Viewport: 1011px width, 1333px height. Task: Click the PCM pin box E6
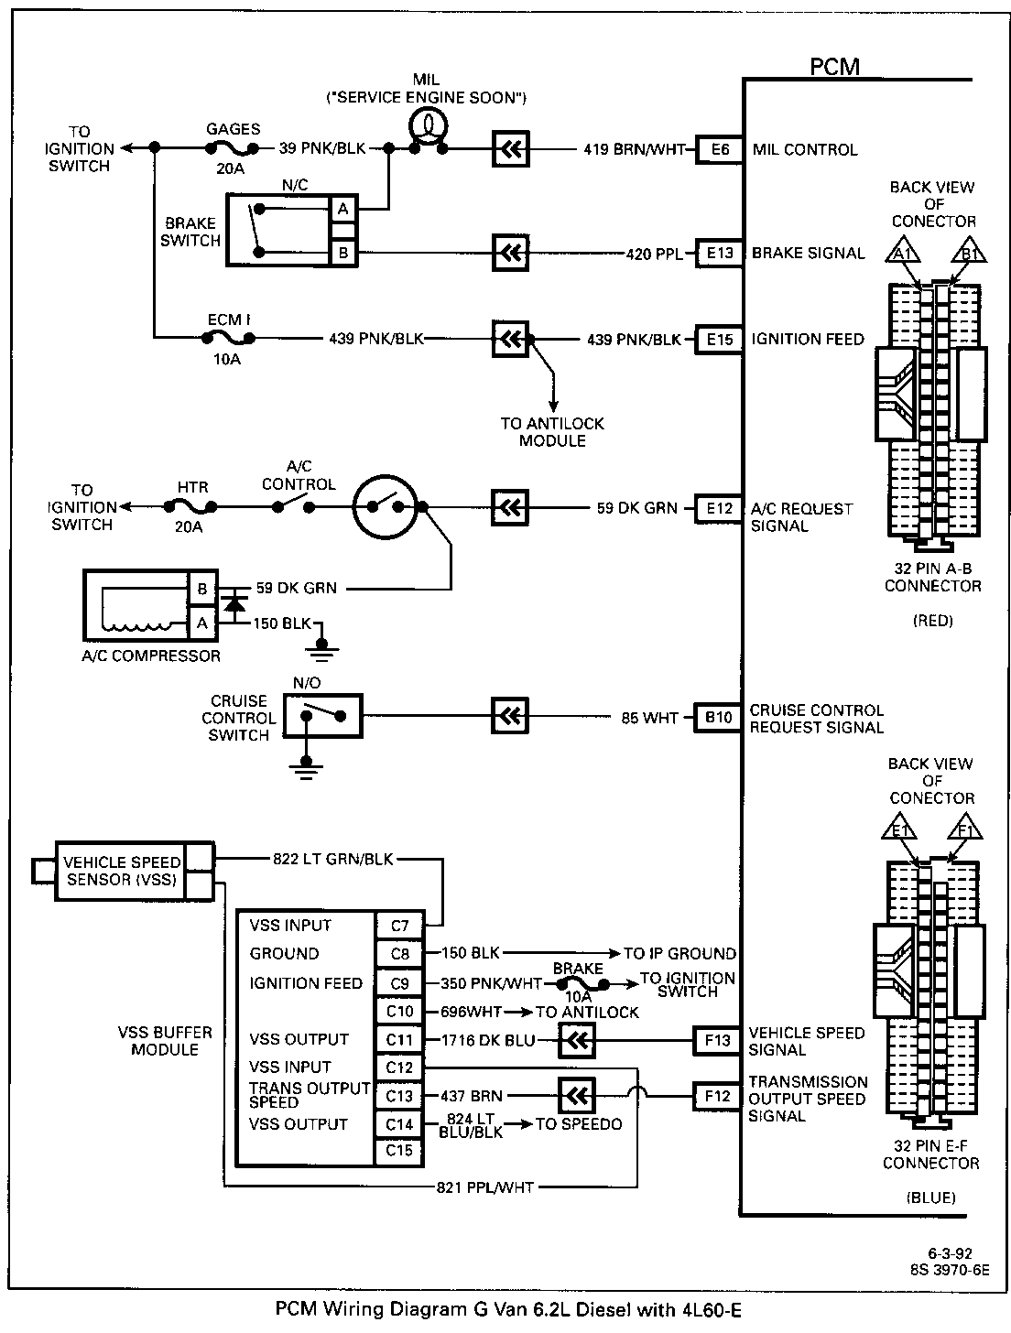click(x=719, y=149)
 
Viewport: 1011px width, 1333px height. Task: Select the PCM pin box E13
click(x=719, y=253)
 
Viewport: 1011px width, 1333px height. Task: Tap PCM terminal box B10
click(x=718, y=717)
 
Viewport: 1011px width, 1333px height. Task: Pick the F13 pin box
click(x=717, y=1040)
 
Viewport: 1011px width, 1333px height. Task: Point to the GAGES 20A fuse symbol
click(x=232, y=148)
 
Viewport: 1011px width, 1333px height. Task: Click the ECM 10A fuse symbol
click(x=228, y=338)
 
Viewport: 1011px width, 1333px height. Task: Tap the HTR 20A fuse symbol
click(x=190, y=506)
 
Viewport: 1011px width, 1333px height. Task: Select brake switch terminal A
click(x=343, y=209)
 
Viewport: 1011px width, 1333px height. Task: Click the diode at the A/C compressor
click(x=235, y=605)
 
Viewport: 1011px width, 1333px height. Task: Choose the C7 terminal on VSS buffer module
click(x=399, y=926)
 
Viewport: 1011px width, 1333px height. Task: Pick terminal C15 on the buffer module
click(x=399, y=1150)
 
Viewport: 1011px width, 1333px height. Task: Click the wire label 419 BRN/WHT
click(x=634, y=149)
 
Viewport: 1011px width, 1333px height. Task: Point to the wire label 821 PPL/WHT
click(x=484, y=1187)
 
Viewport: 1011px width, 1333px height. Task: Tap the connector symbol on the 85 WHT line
click(x=510, y=717)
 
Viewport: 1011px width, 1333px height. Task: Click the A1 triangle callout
click(x=902, y=250)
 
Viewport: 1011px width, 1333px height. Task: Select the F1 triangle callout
click(x=965, y=827)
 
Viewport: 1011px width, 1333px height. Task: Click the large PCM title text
click(x=835, y=66)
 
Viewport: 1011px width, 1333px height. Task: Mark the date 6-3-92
click(x=950, y=1252)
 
